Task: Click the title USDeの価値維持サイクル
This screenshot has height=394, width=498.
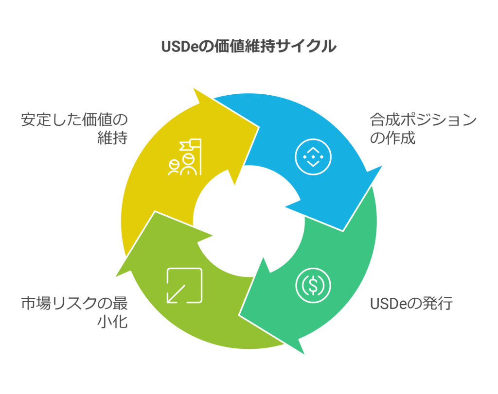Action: click(249, 46)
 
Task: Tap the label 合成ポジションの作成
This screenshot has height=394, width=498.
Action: click(423, 129)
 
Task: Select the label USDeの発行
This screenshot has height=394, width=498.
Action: click(411, 304)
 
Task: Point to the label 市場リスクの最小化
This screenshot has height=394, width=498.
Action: click(74, 312)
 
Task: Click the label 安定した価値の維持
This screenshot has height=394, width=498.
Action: click(74, 129)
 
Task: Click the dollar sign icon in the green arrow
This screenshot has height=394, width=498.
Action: click(313, 285)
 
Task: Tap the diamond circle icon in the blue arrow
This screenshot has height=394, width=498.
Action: click(313, 157)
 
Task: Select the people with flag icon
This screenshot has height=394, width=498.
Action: click(184, 157)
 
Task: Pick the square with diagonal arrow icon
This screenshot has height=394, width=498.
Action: click(184, 286)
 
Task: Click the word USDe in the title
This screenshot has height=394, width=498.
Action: click(180, 47)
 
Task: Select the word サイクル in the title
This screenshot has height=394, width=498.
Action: click(306, 46)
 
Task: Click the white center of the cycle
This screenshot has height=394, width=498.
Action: click(249, 221)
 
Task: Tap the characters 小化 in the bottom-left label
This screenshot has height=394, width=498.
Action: click(112, 321)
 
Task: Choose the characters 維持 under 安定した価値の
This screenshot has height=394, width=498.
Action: click(112, 137)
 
